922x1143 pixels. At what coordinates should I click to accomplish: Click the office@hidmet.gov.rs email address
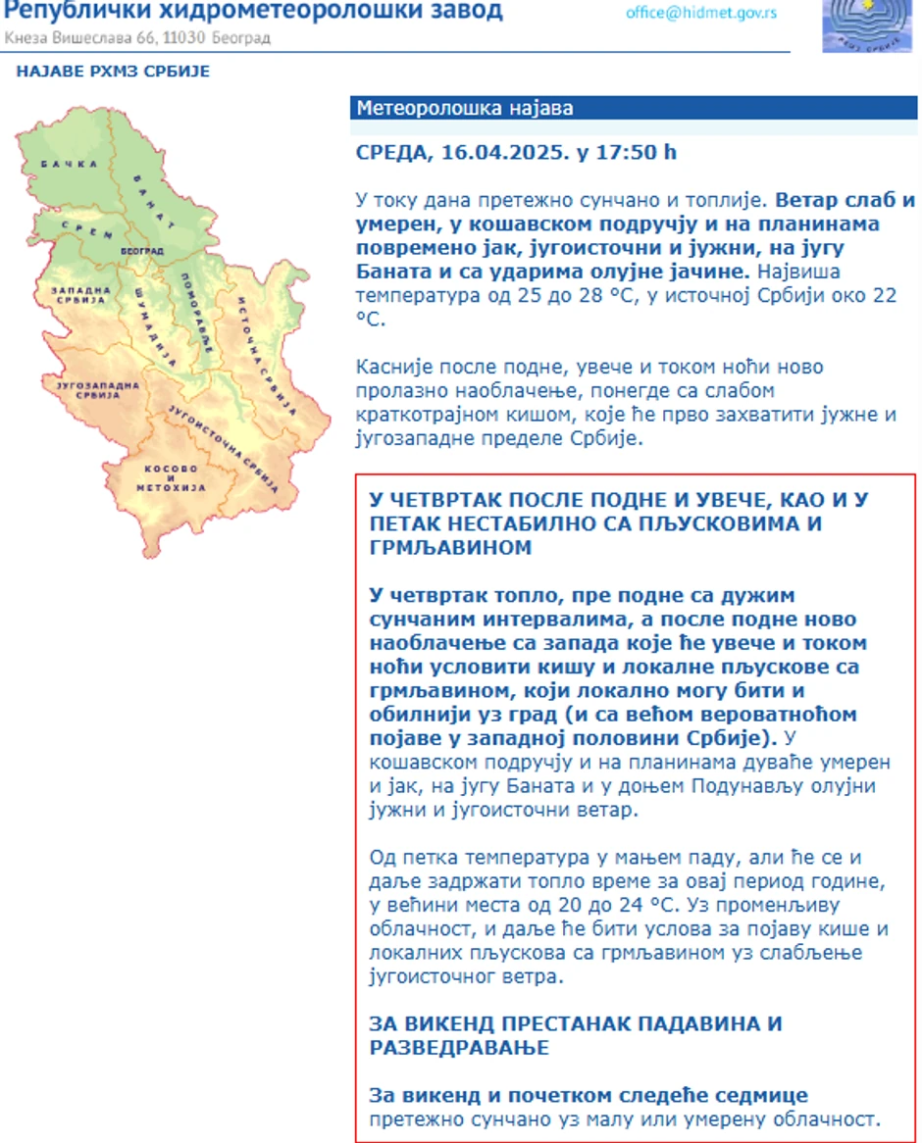(x=701, y=13)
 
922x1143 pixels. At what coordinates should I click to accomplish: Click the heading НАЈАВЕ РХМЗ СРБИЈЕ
(x=113, y=72)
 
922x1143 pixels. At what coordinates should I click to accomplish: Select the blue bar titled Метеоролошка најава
(x=633, y=108)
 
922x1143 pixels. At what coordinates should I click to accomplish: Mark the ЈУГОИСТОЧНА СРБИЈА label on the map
(x=217, y=436)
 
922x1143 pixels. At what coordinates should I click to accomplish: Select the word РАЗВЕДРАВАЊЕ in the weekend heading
(x=459, y=1048)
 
